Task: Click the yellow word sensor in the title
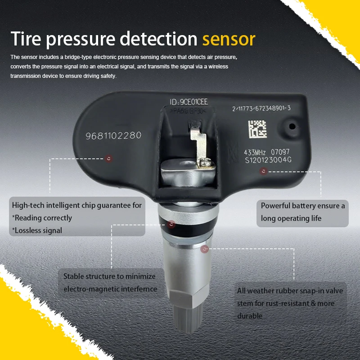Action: (x=229, y=39)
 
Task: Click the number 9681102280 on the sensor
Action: (x=113, y=135)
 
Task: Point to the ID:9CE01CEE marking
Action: (x=189, y=102)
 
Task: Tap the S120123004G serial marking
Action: (x=268, y=160)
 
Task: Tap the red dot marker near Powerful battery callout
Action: (x=264, y=171)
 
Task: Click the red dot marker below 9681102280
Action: (x=108, y=158)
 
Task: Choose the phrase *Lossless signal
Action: (x=37, y=230)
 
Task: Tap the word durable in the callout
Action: (x=250, y=316)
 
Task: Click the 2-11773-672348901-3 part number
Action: (x=261, y=109)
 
